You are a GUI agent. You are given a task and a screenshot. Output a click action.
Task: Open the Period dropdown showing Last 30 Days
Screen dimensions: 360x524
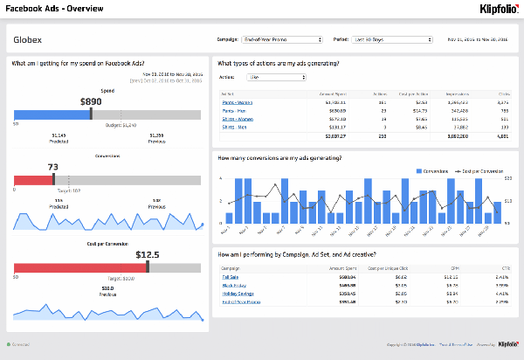[394, 39]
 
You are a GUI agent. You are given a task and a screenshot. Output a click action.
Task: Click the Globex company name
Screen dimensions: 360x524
[27, 40]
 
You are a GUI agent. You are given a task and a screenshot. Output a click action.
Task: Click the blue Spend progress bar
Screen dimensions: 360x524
[52, 114]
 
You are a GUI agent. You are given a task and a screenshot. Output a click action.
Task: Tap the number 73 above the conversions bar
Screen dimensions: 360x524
[53, 167]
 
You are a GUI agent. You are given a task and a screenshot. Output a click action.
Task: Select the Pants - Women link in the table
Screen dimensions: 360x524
[237, 102]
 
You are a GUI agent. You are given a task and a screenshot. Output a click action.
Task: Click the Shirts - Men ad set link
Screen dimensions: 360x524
[235, 126]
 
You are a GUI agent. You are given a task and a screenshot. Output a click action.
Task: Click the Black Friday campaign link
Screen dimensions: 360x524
[233, 285]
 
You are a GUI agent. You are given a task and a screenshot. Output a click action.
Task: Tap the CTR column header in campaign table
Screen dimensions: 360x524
[505, 267]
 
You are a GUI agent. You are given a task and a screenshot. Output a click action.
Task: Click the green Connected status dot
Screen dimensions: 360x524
[9, 345]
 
